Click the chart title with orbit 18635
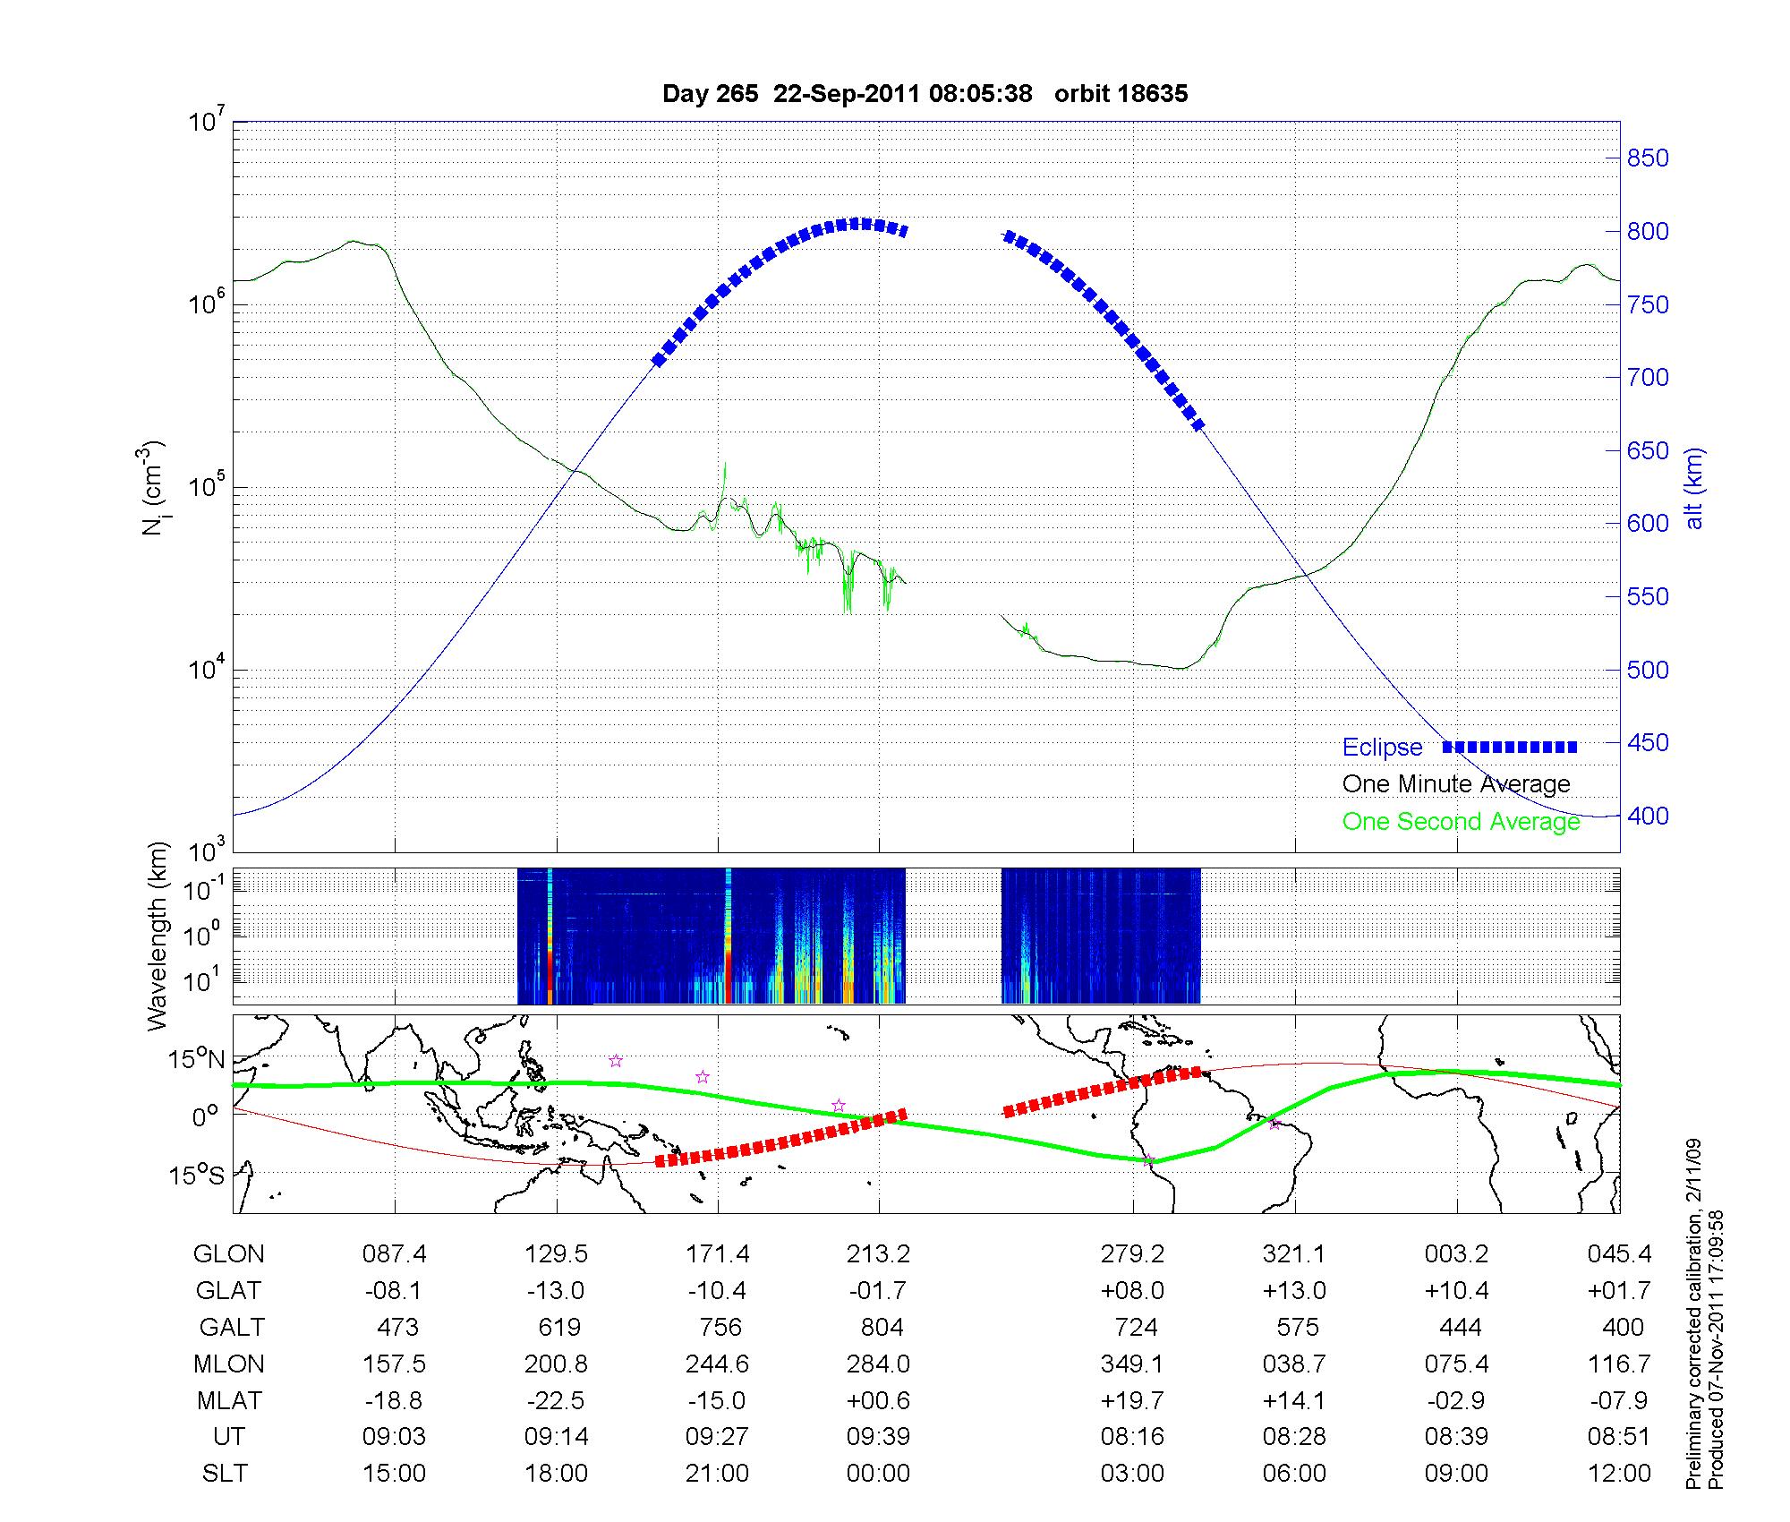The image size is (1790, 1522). point(925,94)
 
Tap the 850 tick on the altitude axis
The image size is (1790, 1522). point(1648,158)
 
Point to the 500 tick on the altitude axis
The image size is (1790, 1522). point(1648,670)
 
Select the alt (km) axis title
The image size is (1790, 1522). point(1694,488)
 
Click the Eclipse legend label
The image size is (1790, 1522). point(1382,748)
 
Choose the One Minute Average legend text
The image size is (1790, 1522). point(1456,784)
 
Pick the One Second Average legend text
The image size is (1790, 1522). point(1461,822)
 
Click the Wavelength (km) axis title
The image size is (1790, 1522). point(158,936)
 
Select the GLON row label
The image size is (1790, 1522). point(228,1254)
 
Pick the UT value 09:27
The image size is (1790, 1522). point(717,1436)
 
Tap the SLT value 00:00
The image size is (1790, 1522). point(878,1473)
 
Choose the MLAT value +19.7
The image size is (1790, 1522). point(1132,1400)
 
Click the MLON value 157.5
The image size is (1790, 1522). point(394,1364)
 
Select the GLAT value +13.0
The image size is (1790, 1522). point(1294,1291)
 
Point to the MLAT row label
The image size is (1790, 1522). point(228,1400)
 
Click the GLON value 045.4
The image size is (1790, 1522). point(1619,1254)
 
